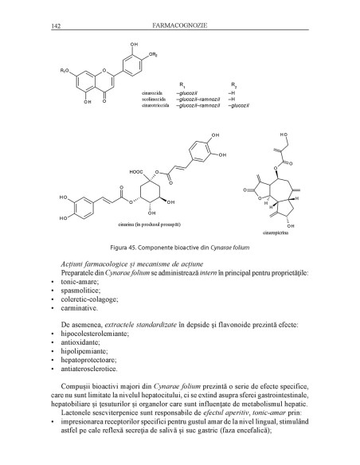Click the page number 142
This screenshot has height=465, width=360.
[x=56, y=25]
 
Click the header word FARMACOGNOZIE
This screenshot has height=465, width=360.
[x=182, y=25]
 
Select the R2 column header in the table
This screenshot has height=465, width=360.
[x=233, y=83]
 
